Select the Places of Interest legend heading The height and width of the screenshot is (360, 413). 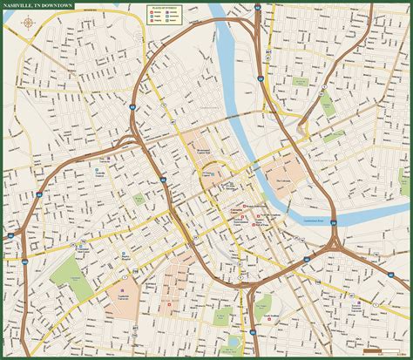tap(166, 7)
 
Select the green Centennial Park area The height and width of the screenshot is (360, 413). tap(64, 272)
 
